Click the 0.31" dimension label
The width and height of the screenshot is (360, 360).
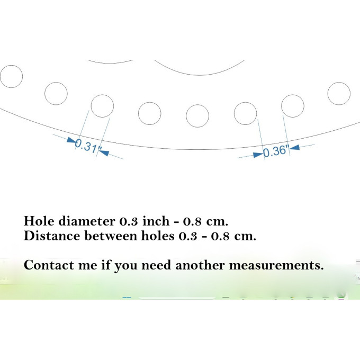point(86,146)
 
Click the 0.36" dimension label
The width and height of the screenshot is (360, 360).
point(275,151)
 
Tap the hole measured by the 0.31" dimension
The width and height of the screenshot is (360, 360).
point(102,106)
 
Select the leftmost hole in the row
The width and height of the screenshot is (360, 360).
point(11,76)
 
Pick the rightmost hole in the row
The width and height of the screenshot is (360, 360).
point(339,94)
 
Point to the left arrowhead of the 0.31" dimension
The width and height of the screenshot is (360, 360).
point(71,140)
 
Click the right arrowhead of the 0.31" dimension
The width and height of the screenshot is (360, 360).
point(104,152)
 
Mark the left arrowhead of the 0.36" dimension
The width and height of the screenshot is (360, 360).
point(258,155)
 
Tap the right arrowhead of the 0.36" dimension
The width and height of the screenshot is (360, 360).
point(294,147)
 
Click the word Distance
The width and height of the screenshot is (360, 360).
point(52,236)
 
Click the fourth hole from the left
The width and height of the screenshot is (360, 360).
point(150,113)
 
